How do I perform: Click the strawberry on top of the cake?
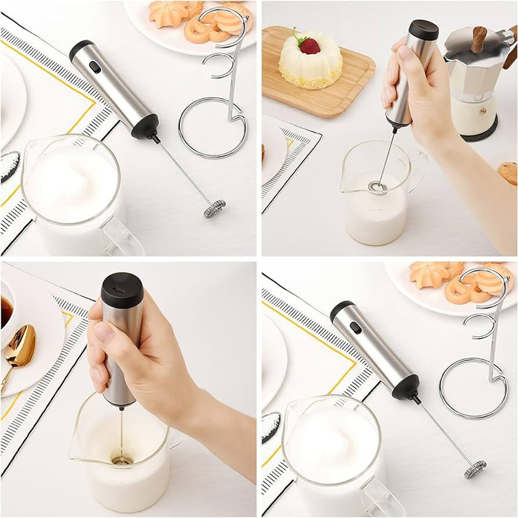point(310,45)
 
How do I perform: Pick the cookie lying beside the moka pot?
point(508,172)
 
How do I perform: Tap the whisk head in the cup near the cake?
point(377,187)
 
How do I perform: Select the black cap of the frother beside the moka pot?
point(423,28)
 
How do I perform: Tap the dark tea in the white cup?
point(6,311)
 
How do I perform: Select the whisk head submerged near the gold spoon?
point(121,459)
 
